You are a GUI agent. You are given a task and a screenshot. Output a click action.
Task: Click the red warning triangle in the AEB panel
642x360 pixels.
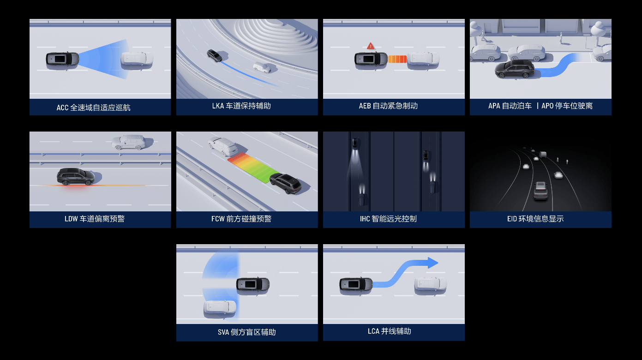point(371,46)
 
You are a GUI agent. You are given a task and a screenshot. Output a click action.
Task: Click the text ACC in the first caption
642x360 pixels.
point(62,108)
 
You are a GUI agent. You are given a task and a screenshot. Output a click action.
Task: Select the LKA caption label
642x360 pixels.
point(241,106)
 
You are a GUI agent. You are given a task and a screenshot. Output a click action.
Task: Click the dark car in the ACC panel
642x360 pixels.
point(62,59)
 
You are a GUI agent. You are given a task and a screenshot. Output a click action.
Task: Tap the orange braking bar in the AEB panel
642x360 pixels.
point(397,59)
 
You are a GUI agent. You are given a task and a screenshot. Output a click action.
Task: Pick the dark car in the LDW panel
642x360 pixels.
point(76,177)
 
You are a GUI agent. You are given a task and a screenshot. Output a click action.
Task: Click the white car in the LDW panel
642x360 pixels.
point(129,142)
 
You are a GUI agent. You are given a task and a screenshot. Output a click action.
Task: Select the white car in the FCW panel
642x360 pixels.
point(223,146)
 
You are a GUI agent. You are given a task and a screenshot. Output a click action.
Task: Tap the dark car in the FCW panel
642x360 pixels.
point(285,183)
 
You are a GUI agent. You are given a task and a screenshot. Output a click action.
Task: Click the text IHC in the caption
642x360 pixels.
point(365,219)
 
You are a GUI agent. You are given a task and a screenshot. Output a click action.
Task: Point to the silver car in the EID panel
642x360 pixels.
point(540,190)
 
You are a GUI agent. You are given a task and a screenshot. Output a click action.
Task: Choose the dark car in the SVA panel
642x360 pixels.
point(253,284)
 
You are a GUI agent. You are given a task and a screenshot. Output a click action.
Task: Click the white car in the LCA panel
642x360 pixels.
point(431,284)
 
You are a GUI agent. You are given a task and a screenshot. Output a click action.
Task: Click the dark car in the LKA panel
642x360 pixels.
point(214,55)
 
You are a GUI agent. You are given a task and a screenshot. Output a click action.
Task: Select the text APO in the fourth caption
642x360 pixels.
point(547,106)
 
